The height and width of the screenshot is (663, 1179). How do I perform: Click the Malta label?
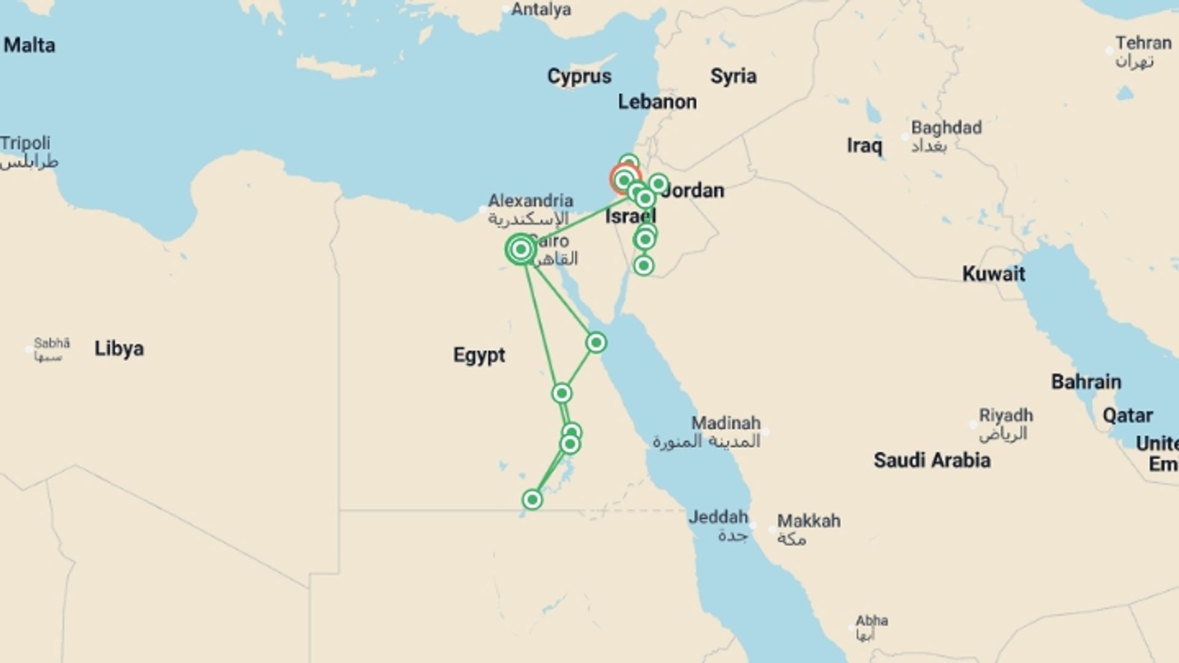click(x=29, y=45)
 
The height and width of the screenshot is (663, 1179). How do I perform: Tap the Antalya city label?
click(x=541, y=10)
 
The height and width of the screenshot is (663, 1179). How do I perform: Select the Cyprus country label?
click(x=579, y=77)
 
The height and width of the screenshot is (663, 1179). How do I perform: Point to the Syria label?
click(x=733, y=77)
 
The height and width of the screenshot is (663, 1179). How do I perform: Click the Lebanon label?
click(x=657, y=102)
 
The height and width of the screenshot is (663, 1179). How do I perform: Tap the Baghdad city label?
click(x=946, y=128)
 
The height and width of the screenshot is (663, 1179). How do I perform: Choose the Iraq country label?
click(x=864, y=146)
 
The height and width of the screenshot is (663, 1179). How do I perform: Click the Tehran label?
click(x=1143, y=44)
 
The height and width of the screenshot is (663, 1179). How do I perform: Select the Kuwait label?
click(x=994, y=274)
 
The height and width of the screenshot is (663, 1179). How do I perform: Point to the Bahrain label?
click(x=1086, y=382)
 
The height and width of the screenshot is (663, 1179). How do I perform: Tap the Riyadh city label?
click(x=1006, y=416)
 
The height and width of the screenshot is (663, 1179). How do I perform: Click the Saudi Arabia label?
click(x=932, y=460)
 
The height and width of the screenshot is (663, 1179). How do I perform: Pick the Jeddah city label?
click(x=718, y=518)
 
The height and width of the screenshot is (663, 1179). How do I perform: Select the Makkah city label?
click(x=808, y=521)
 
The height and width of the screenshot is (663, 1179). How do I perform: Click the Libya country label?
click(x=119, y=349)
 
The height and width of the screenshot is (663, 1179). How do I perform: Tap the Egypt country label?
click(x=479, y=355)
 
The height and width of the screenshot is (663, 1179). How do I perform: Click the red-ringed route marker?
click(x=625, y=180)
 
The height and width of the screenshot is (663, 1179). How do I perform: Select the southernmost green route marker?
click(x=532, y=500)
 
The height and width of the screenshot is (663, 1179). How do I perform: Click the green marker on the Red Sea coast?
click(x=596, y=343)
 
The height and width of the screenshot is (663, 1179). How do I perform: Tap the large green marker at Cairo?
click(x=521, y=249)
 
